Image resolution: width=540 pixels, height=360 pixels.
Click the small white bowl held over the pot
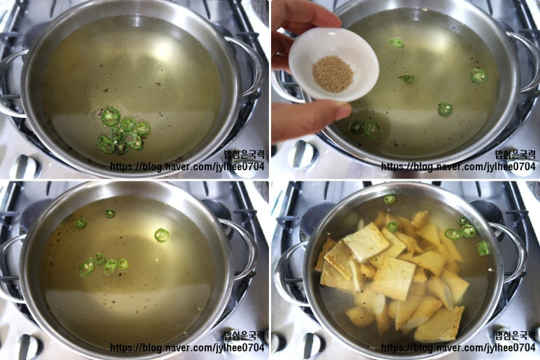(333, 64)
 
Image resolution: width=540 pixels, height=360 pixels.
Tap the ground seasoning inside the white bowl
(333, 74)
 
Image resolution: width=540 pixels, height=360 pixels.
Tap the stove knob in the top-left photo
(24, 167)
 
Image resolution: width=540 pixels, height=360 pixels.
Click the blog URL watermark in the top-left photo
(187, 167)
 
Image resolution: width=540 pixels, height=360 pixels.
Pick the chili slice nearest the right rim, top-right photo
(479, 76)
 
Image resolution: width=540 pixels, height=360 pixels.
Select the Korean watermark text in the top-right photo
(516, 153)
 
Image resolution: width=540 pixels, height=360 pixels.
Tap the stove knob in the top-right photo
(302, 154)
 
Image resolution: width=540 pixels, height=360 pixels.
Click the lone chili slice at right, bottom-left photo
(161, 235)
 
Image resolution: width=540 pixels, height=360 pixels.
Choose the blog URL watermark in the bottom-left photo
(187, 347)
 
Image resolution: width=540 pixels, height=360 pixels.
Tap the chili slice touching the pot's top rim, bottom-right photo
(389, 199)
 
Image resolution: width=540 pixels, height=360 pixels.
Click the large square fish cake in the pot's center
(393, 278)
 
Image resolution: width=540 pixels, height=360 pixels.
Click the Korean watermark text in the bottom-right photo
(516, 335)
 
